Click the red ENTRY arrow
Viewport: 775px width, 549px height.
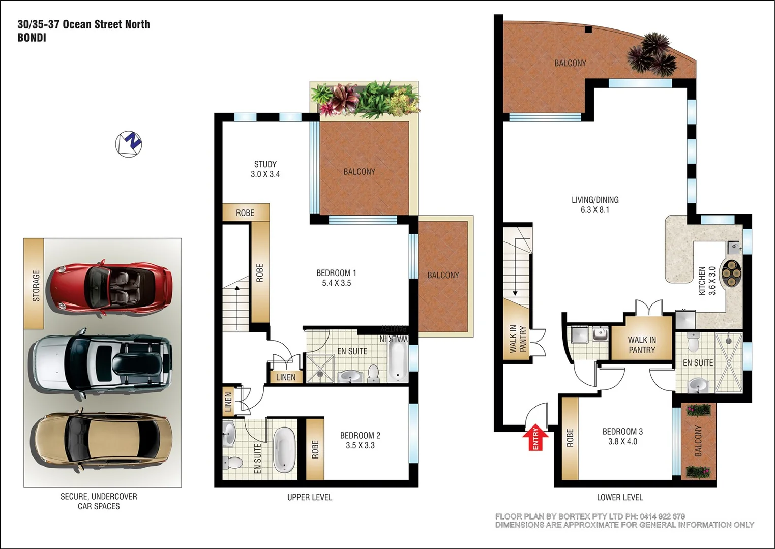click(535, 438)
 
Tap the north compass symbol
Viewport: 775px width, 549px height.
click(129, 144)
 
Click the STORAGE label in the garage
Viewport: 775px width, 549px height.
click(36, 285)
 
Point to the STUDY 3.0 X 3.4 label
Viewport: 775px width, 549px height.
click(265, 169)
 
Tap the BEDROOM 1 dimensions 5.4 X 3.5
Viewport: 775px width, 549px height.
click(336, 283)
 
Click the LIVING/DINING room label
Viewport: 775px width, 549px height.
click(595, 200)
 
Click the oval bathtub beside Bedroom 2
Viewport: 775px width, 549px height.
click(284, 450)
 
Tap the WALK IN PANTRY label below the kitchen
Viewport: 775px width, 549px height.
click(642, 345)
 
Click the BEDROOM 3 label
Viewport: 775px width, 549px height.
click(622, 432)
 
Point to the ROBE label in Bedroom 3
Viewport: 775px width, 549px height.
click(570, 438)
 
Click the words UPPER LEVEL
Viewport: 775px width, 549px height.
click(309, 497)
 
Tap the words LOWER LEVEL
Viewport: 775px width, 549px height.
click(619, 497)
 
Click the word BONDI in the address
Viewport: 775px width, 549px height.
click(32, 38)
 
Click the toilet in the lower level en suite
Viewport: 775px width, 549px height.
click(693, 343)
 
